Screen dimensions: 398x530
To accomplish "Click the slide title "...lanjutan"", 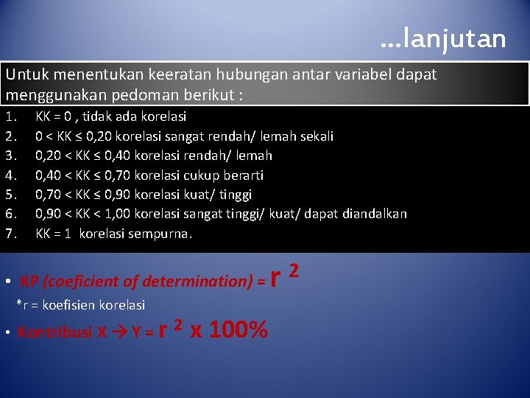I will pyautogui.click(x=443, y=38).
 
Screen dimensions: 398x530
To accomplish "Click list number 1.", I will pyautogui.click(x=10, y=116).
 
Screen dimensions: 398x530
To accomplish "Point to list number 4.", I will pyautogui.click(x=10, y=175).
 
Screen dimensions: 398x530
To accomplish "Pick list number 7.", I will pyautogui.click(x=10, y=234).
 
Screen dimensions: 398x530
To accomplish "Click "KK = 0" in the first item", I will pyautogui.click(x=55, y=116).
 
